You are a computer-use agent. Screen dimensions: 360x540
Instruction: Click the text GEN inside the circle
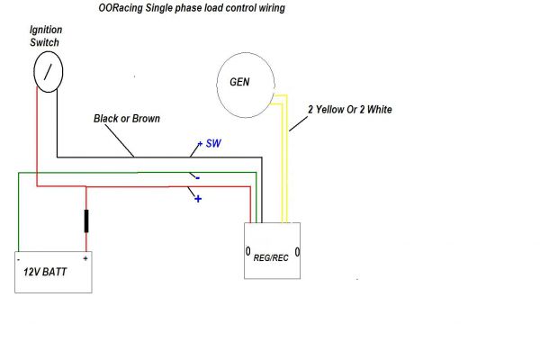[240, 82]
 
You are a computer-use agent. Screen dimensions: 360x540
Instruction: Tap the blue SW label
[212, 144]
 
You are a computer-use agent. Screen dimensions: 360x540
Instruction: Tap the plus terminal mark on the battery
[85, 258]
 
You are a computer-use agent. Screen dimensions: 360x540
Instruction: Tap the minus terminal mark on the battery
[19, 258]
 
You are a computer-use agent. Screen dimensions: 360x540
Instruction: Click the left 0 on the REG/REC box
[249, 250]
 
